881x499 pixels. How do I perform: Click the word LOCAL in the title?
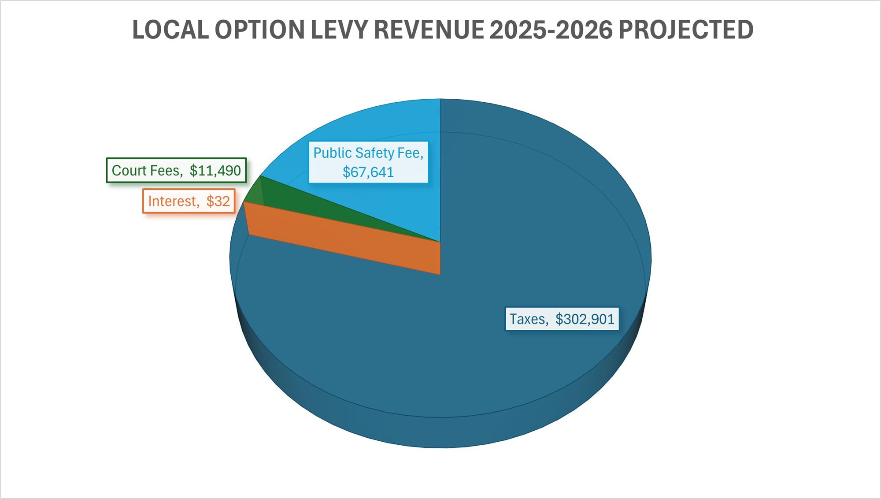click(x=170, y=30)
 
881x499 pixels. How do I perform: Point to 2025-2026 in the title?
click(x=551, y=30)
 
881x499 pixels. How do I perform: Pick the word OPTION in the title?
click(x=259, y=30)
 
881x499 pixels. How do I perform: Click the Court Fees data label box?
click(x=176, y=170)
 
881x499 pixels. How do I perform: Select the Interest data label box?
click(x=189, y=201)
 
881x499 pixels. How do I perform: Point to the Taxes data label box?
click(x=562, y=319)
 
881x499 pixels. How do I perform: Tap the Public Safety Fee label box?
click(x=368, y=162)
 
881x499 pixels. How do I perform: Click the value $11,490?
click(x=215, y=170)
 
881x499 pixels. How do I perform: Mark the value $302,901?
click(x=585, y=319)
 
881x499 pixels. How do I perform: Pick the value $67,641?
click(x=368, y=172)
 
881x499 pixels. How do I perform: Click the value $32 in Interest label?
click(x=218, y=201)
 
